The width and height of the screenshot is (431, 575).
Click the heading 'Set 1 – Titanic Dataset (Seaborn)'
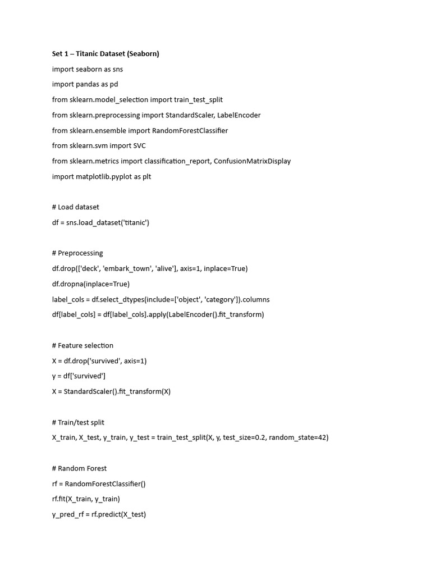pos(106,54)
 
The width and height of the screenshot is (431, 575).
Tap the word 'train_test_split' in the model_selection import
pos(198,99)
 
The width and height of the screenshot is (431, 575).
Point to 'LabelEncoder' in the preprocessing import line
pos(239,115)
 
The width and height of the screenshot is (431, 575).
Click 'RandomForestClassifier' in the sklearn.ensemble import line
pos(190,130)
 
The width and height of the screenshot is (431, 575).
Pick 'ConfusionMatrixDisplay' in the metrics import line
pos(252,161)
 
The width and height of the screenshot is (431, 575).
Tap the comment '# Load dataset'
pos(75,207)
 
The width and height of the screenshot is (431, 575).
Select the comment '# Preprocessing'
pos(77,253)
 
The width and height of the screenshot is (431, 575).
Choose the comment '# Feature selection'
pos(82,345)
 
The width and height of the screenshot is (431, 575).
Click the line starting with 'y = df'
pos(79,376)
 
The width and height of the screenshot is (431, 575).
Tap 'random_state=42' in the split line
pos(299,437)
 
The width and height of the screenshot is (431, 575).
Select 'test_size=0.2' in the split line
pos(244,437)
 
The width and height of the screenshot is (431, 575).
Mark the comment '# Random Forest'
pos(79,468)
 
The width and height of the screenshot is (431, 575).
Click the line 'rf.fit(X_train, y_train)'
pos(86,499)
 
